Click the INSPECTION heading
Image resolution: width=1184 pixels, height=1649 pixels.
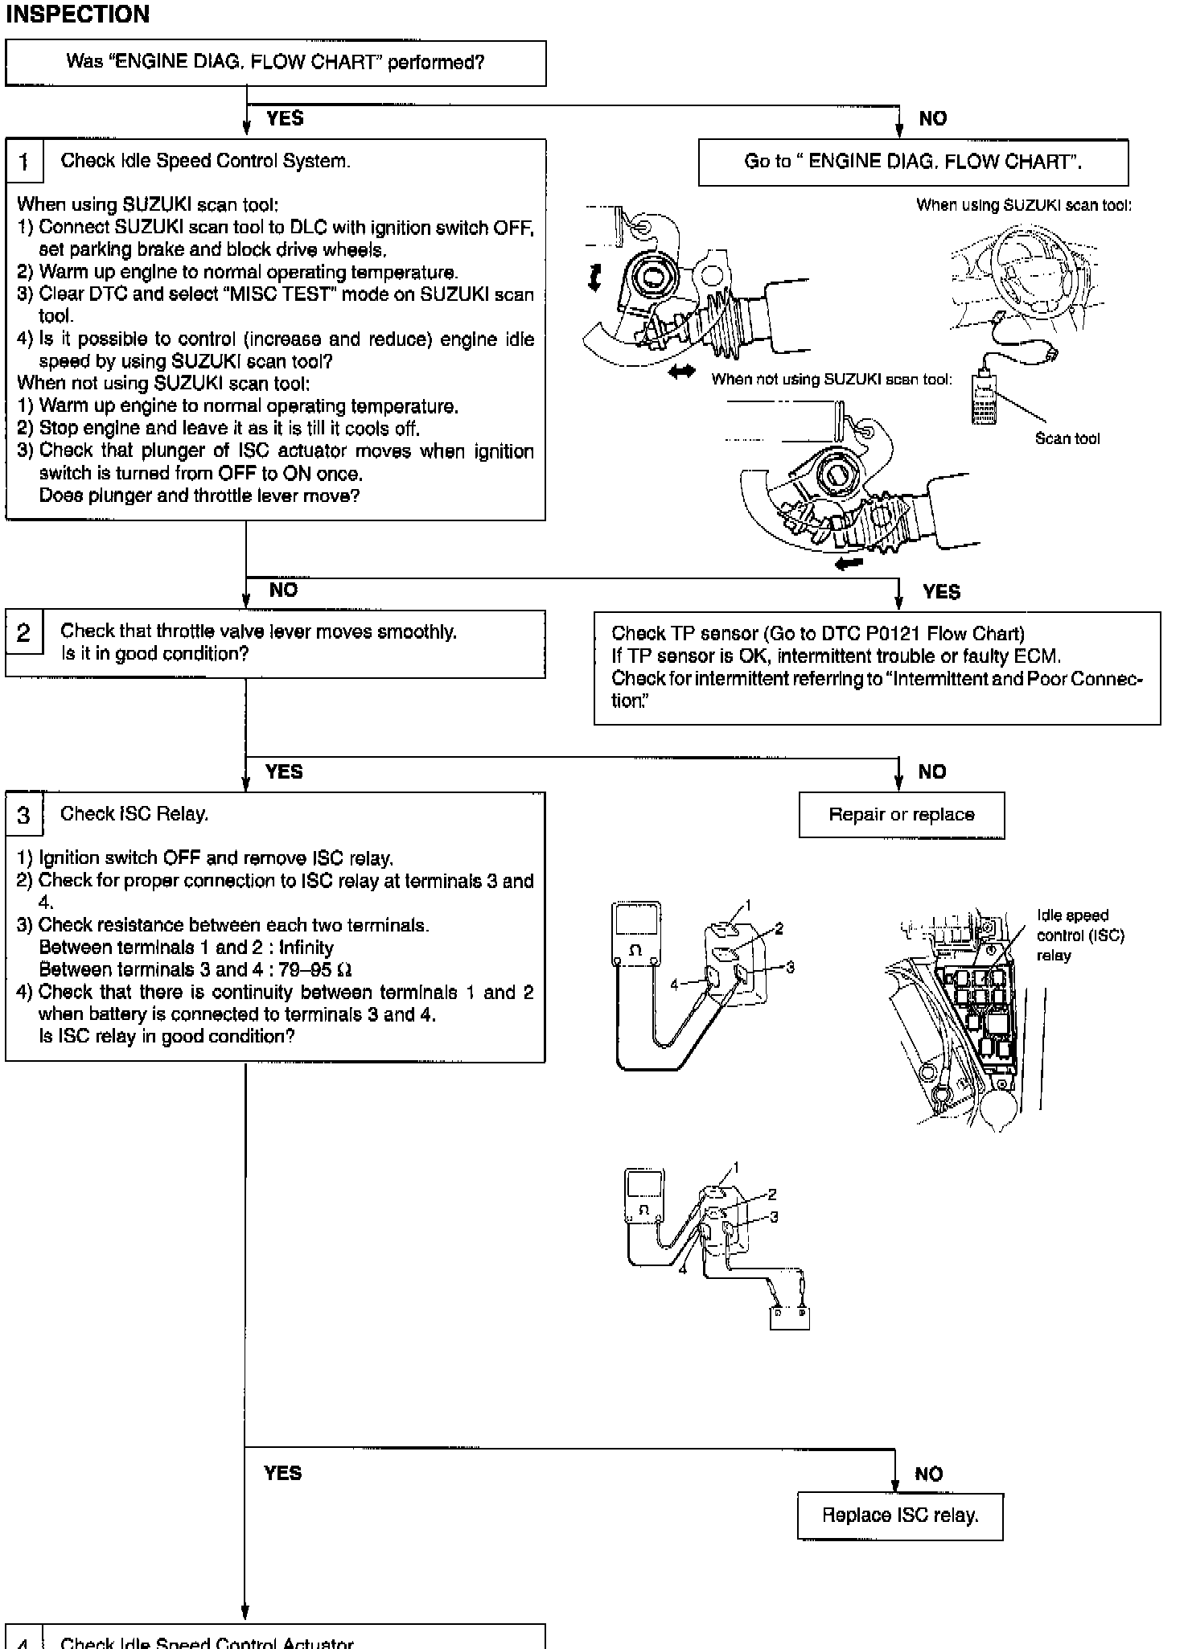pos(78,14)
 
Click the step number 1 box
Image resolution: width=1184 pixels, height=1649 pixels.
pos(23,162)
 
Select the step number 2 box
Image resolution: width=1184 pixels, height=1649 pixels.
pos(23,633)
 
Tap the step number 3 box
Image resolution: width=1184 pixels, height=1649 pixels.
pos(23,815)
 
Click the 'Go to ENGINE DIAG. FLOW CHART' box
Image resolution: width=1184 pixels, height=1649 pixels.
pos(913,162)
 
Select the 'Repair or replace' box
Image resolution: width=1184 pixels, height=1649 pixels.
pos(901,815)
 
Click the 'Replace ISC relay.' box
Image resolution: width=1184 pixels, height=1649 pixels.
pos(900,1515)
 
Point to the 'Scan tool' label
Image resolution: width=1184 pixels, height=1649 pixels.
pos(1067,438)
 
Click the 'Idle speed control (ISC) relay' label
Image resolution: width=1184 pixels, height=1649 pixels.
pos(1079,936)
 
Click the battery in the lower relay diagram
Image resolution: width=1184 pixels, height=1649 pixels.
pos(789,1318)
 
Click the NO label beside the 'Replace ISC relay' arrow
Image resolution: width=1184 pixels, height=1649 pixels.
pos(928,1474)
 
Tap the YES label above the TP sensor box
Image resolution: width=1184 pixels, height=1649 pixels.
pos(941,592)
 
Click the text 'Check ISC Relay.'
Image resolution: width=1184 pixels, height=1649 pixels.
pos(134,814)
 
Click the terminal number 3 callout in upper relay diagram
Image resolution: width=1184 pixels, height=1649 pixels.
pos(790,968)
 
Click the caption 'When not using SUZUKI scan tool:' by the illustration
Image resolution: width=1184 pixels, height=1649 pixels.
pos(831,380)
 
